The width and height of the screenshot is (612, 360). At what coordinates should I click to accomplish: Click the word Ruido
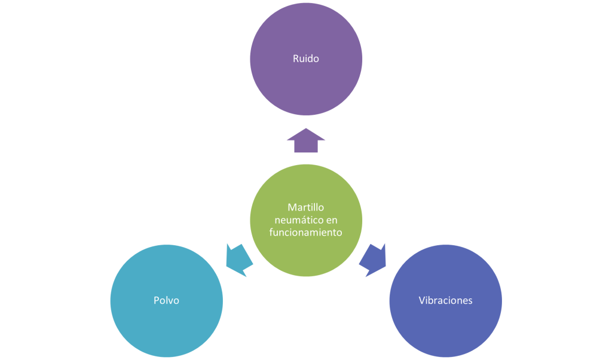306,59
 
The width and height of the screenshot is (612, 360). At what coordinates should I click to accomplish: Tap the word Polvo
166,300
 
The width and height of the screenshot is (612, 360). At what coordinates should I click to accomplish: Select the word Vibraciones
445,300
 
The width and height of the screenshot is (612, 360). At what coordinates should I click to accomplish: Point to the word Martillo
306,208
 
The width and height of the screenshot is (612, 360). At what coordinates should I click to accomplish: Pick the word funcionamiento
306,233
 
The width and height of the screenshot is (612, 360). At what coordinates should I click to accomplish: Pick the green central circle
306,257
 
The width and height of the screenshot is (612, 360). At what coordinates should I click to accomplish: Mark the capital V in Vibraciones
422,300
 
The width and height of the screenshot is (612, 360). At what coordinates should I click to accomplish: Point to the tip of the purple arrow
306,129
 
